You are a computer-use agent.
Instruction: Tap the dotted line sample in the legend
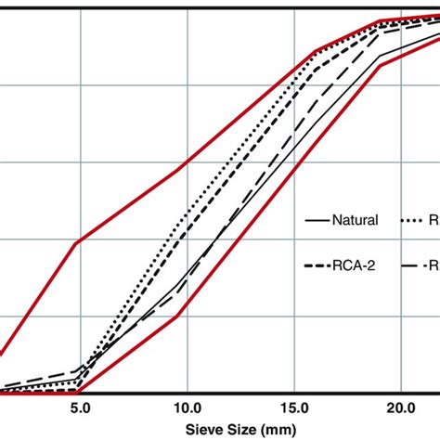coord(415,221)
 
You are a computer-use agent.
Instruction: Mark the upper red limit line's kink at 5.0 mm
coord(77,242)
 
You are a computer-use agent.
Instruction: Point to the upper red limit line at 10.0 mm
coord(187,167)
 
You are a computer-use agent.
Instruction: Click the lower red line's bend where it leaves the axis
coord(80,391)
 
